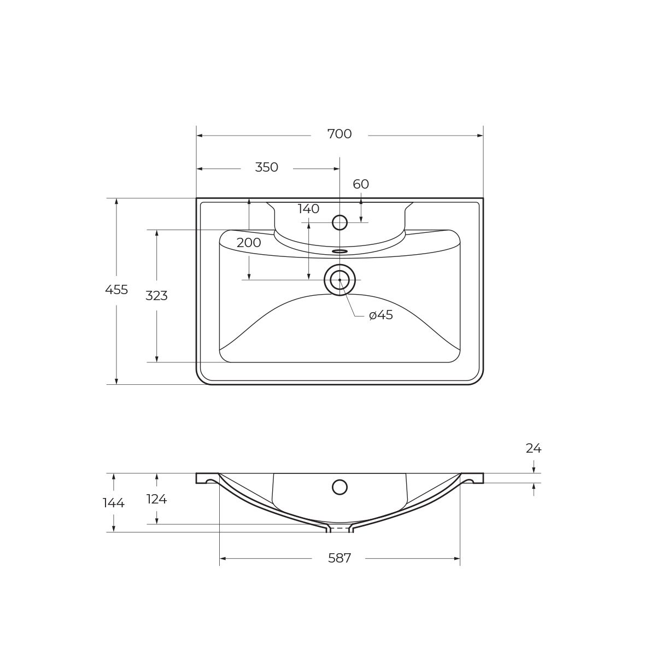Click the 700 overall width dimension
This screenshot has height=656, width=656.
coord(339,134)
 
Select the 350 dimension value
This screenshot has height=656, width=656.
coord(267,167)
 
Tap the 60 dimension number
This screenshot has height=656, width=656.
coord(361,184)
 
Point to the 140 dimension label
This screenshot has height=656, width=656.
coord(308,209)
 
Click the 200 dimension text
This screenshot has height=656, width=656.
coord(249,243)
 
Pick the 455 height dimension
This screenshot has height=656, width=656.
coord(116,290)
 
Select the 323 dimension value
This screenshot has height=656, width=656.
coord(156,296)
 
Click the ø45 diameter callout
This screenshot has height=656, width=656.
coord(381,315)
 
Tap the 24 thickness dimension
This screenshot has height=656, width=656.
coord(534,449)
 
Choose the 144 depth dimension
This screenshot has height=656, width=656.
coord(114,503)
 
